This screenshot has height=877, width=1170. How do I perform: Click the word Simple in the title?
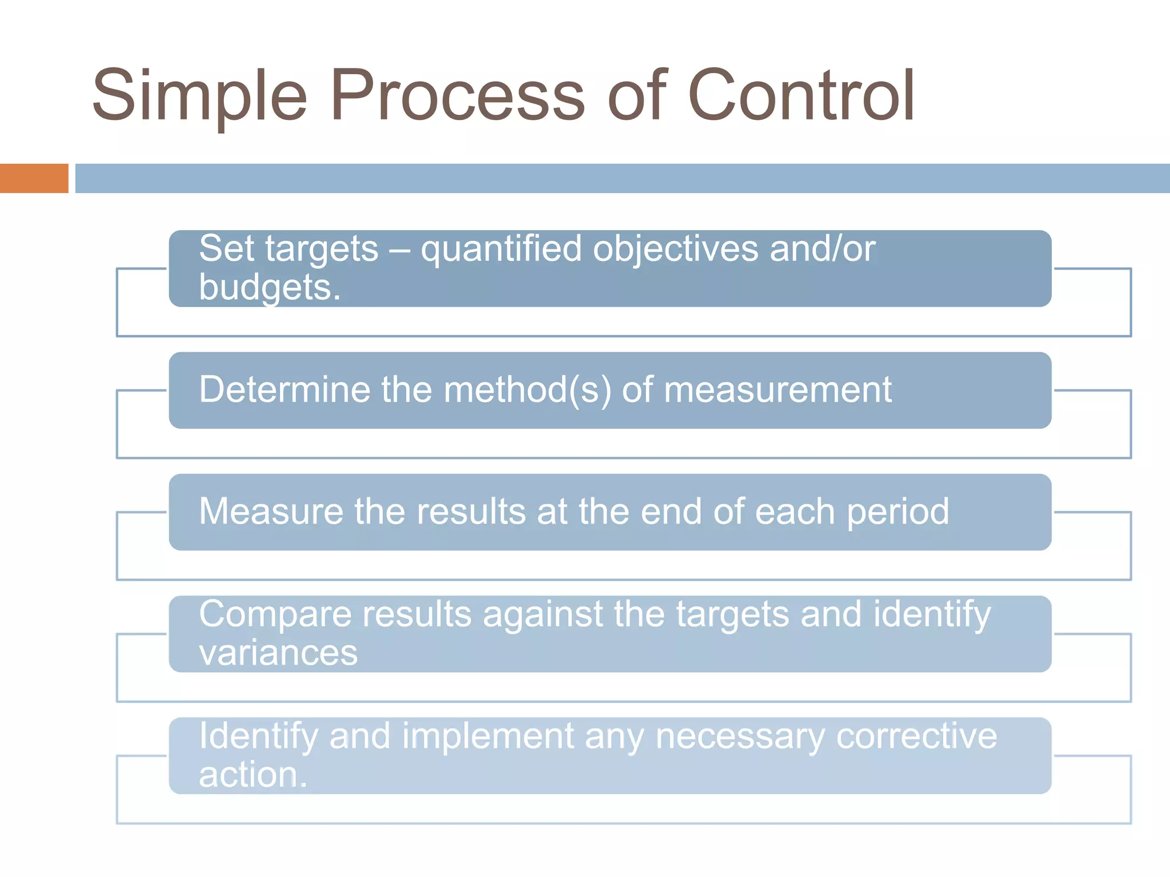pyautogui.click(x=199, y=96)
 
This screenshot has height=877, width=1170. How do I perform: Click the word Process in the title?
pyautogui.click(x=457, y=96)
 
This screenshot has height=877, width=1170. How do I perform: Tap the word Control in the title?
pyautogui.click(x=801, y=96)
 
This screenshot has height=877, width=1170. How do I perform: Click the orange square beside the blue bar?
pyautogui.click(x=34, y=178)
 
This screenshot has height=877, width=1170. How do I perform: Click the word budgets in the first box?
pyautogui.click(x=266, y=287)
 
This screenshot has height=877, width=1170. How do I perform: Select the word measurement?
pyautogui.click(x=778, y=390)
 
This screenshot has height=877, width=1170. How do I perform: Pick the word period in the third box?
pyautogui.click(x=897, y=512)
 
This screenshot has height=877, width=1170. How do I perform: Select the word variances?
pyautogui.click(x=278, y=653)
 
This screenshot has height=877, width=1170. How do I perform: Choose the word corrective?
pyautogui.click(x=916, y=736)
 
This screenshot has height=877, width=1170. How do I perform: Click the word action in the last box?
pyautogui.click(x=249, y=775)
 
